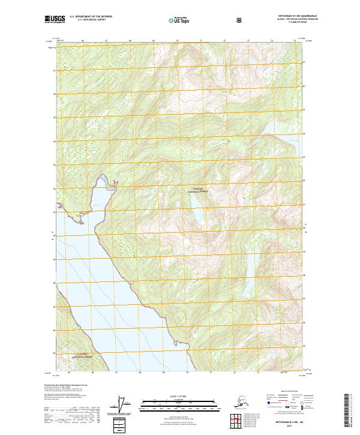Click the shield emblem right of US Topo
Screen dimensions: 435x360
(x=240, y=20)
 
